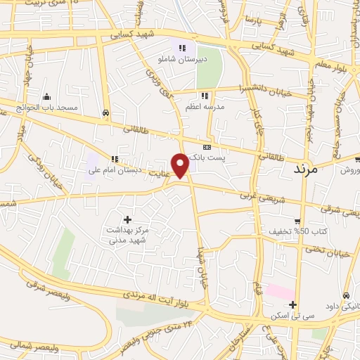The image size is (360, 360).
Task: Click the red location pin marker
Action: click(x=181, y=165)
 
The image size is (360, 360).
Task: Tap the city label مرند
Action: click(x=305, y=169)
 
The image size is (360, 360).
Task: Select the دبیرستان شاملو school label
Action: click(x=182, y=59)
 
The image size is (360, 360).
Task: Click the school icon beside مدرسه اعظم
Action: click(x=205, y=95)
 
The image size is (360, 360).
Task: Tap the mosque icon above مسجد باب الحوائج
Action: click(x=46, y=97)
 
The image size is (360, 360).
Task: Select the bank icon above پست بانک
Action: click(x=206, y=147)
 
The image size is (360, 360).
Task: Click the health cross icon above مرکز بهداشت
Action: click(x=127, y=220)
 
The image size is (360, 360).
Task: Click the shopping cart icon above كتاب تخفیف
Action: click(x=297, y=220)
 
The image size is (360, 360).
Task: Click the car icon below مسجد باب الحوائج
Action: click(x=105, y=112)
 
